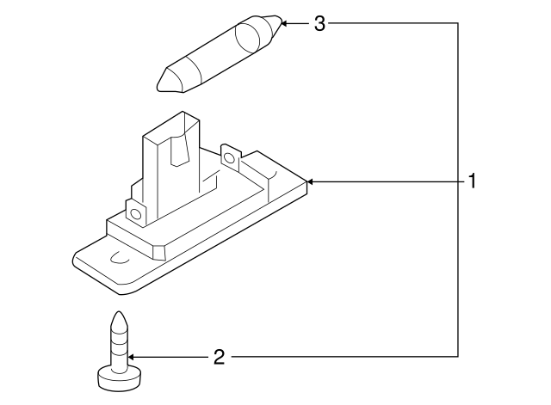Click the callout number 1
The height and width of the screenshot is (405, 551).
click(472, 181)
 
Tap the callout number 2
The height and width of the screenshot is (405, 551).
click(219, 355)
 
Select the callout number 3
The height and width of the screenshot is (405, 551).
click(319, 23)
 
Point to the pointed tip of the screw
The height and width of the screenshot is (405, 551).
click(117, 316)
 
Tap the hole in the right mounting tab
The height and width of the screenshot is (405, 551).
click(229, 157)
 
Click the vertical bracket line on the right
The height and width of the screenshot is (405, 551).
click(456, 189)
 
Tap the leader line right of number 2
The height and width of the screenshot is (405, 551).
click(344, 355)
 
